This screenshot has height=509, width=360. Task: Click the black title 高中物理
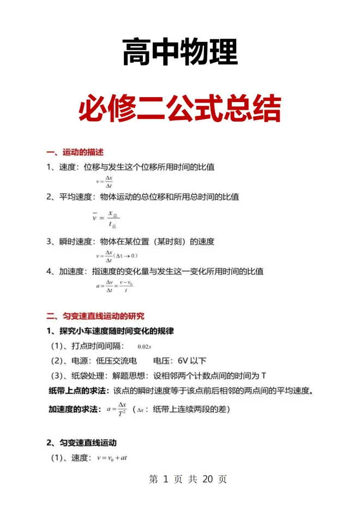click(x=180, y=52)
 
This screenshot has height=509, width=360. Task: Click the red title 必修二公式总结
click(x=180, y=109)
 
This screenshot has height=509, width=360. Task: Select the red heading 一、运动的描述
click(x=75, y=152)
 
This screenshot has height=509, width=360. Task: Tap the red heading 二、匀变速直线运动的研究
click(x=95, y=315)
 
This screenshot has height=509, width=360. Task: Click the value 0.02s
click(x=144, y=346)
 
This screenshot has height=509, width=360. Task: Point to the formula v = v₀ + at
click(x=112, y=458)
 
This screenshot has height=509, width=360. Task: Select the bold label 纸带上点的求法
click(x=79, y=391)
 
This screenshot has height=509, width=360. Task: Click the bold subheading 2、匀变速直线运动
click(x=81, y=442)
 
